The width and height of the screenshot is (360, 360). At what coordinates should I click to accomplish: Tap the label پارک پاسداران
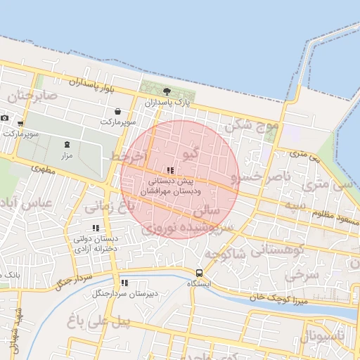[167, 103]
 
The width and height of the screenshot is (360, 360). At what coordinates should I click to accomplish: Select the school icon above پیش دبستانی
[171, 170]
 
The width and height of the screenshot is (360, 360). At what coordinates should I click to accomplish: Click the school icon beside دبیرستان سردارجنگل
[124, 283]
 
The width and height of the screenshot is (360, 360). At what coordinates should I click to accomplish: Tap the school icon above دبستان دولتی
[96, 228]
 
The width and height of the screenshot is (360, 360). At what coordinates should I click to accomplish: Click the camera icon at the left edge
[5, 118]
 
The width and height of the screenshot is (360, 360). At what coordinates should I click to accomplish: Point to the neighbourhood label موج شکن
[252, 126]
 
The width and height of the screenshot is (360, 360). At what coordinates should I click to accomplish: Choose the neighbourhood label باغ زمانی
[109, 207]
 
